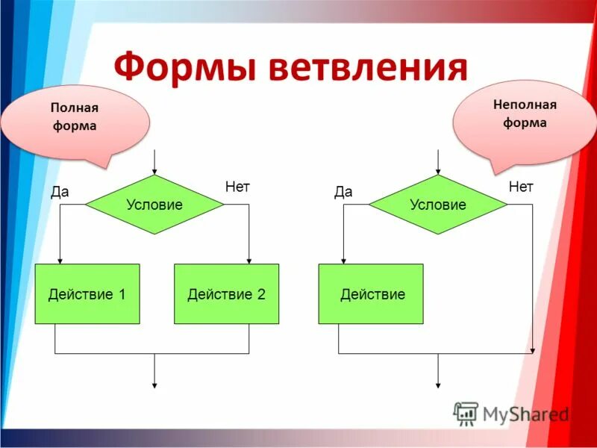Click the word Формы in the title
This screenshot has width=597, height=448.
tap(186, 68)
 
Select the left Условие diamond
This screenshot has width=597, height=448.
tap(154, 205)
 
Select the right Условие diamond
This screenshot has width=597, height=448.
tap(438, 205)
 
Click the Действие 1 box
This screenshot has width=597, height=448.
tap(87, 294)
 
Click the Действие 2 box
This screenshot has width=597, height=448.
tap(226, 294)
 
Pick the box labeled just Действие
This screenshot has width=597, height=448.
tap(371, 294)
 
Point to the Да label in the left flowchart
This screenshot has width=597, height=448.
tap(60, 192)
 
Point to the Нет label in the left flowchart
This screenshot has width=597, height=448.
tap(237, 187)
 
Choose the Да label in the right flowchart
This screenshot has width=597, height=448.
tap(343, 192)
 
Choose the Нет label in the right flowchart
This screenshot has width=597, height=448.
tap(521, 187)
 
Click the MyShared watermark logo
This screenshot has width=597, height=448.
tap(511, 413)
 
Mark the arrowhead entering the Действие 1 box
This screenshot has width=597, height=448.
tap(60, 260)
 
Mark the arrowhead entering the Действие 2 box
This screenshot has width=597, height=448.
tap(249, 260)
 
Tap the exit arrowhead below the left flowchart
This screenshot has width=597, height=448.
tap(154, 384)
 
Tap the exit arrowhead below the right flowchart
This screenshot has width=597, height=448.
tap(438, 384)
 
